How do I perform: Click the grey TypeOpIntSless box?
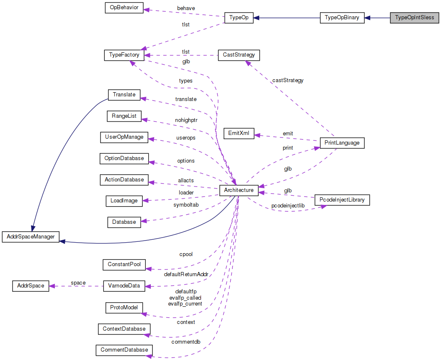coord(415,18)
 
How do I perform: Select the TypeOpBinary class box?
coord(342,18)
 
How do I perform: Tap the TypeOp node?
coord(239,18)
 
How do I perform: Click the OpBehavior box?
coord(124,8)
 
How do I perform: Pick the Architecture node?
coord(239,190)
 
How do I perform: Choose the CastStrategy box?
coord(239,55)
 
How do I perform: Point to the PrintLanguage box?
coord(342,143)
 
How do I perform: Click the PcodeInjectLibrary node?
coord(342,200)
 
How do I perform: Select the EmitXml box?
coord(239,134)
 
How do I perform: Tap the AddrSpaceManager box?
coord(31,237)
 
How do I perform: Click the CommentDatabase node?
coord(124,350)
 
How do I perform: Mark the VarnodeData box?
coord(124,286)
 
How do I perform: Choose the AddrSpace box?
coord(30,286)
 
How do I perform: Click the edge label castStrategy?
coord(288,80)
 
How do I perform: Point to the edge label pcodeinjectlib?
coord(288,206)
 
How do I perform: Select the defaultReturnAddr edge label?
coord(186,275)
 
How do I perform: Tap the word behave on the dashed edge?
coord(186,8)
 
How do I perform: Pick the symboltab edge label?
coord(186,205)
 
